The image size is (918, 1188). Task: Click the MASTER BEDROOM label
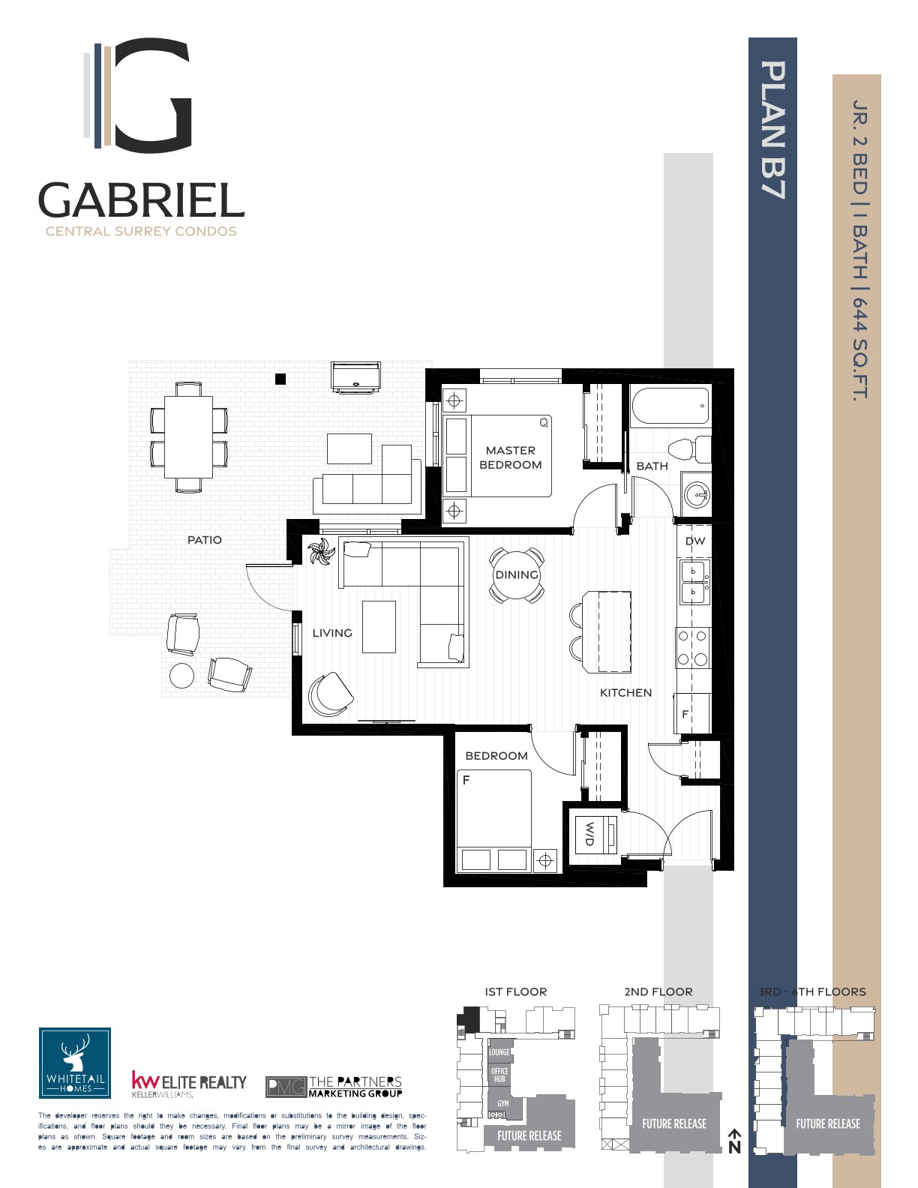(x=510, y=457)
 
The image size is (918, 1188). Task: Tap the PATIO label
(x=205, y=540)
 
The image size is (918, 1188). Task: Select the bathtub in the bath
(x=670, y=406)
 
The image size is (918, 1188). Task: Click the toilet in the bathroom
(x=690, y=450)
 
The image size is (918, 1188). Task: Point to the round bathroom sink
(x=697, y=495)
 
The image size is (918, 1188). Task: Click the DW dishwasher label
(x=695, y=541)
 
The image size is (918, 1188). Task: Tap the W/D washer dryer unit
(x=595, y=834)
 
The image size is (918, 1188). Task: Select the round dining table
(x=517, y=575)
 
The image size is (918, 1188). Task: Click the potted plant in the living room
(x=321, y=552)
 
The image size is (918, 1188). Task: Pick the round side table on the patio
(x=181, y=676)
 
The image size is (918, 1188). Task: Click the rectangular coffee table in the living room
(x=379, y=626)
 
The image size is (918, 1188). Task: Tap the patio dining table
(x=189, y=437)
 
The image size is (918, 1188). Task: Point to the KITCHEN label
(x=625, y=693)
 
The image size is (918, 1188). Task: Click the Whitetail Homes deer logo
(x=75, y=1063)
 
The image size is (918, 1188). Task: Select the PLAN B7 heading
(x=773, y=130)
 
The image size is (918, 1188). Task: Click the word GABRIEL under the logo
(x=142, y=201)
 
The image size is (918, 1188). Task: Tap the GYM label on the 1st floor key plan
(x=503, y=1104)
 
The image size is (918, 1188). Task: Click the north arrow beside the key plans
(x=735, y=1141)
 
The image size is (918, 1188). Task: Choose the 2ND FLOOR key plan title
(x=658, y=991)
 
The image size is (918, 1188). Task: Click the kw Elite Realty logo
(x=189, y=1084)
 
